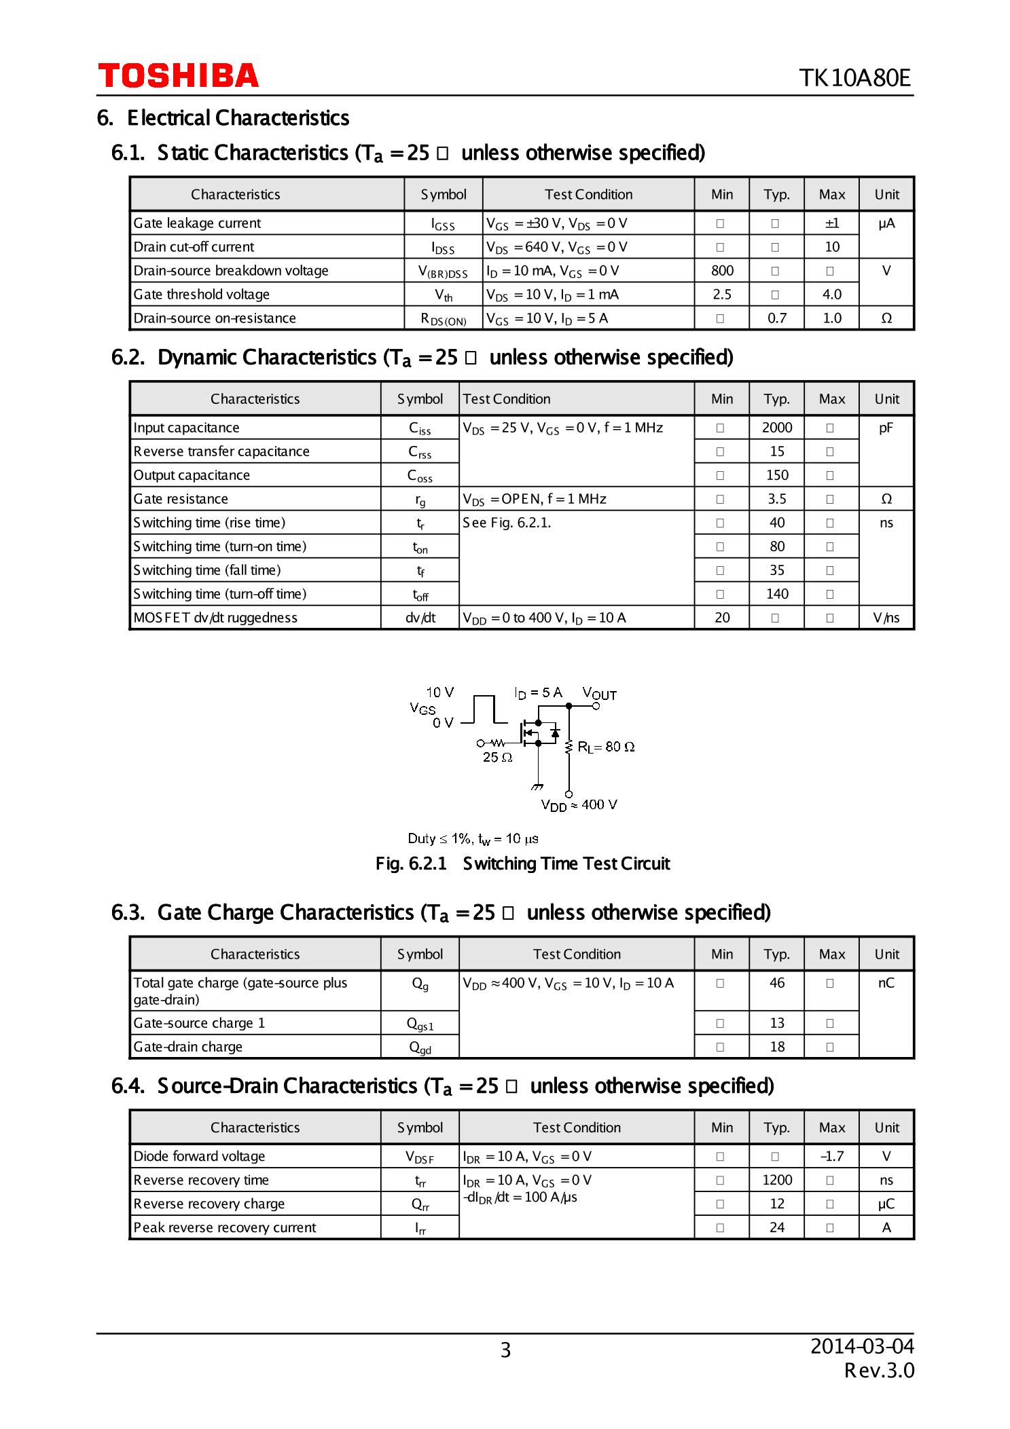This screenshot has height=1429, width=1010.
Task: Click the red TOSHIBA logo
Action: (178, 75)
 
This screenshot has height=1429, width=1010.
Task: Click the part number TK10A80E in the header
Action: (854, 78)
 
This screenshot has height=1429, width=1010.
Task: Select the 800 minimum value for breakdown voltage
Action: (722, 271)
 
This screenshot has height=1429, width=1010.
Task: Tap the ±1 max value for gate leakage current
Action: (831, 223)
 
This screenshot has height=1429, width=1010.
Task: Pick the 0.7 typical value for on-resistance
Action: (776, 318)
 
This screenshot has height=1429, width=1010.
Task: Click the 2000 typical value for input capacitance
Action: (776, 428)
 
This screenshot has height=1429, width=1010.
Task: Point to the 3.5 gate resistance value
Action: (776, 499)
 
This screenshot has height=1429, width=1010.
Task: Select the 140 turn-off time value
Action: (776, 594)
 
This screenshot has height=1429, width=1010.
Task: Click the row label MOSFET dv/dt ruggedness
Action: (215, 618)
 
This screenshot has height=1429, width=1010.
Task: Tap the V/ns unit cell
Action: (886, 618)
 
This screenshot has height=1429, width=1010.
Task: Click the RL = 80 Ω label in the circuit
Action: (606, 747)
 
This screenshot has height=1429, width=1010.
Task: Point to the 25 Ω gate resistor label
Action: (497, 758)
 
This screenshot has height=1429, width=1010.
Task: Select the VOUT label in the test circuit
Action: (599, 694)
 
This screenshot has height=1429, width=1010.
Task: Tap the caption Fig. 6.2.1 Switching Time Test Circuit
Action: (522, 864)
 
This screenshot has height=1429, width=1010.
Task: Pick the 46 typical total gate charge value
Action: (776, 983)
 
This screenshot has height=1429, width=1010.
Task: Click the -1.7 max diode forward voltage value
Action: (831, 1156)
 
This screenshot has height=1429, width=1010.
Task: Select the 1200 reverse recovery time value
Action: (776, 1180)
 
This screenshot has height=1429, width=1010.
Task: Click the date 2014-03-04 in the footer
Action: (861, 1346)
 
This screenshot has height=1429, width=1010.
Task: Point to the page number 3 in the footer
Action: (505, 1350)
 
